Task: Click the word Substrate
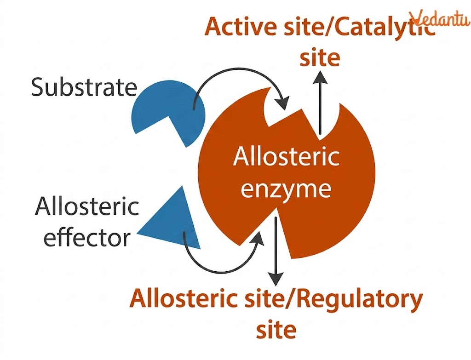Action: [84, 87]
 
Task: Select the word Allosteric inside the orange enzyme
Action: [286, 158]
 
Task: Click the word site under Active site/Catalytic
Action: [320, 59]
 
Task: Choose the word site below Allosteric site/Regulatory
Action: [276, 330]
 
